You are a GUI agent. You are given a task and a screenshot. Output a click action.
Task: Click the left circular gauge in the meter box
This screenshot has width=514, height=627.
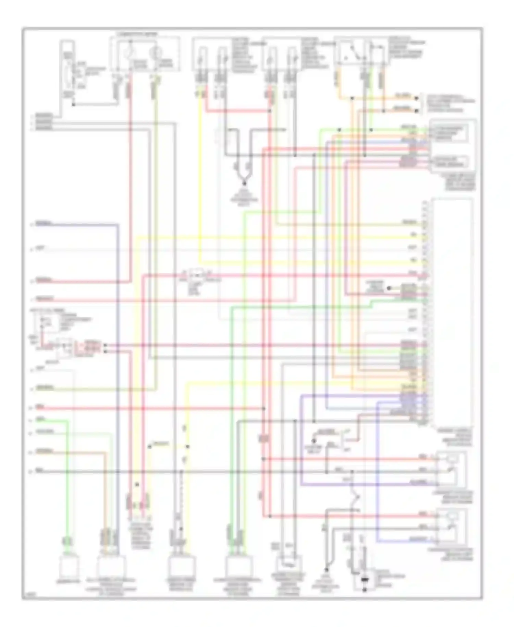(131, 54)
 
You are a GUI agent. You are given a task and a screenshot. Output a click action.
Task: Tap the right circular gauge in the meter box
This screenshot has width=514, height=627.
(156, 54)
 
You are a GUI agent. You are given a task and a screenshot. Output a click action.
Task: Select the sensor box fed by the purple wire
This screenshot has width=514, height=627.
(452, 469)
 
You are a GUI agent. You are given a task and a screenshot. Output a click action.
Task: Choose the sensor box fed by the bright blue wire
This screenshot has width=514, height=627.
(452, 527)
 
